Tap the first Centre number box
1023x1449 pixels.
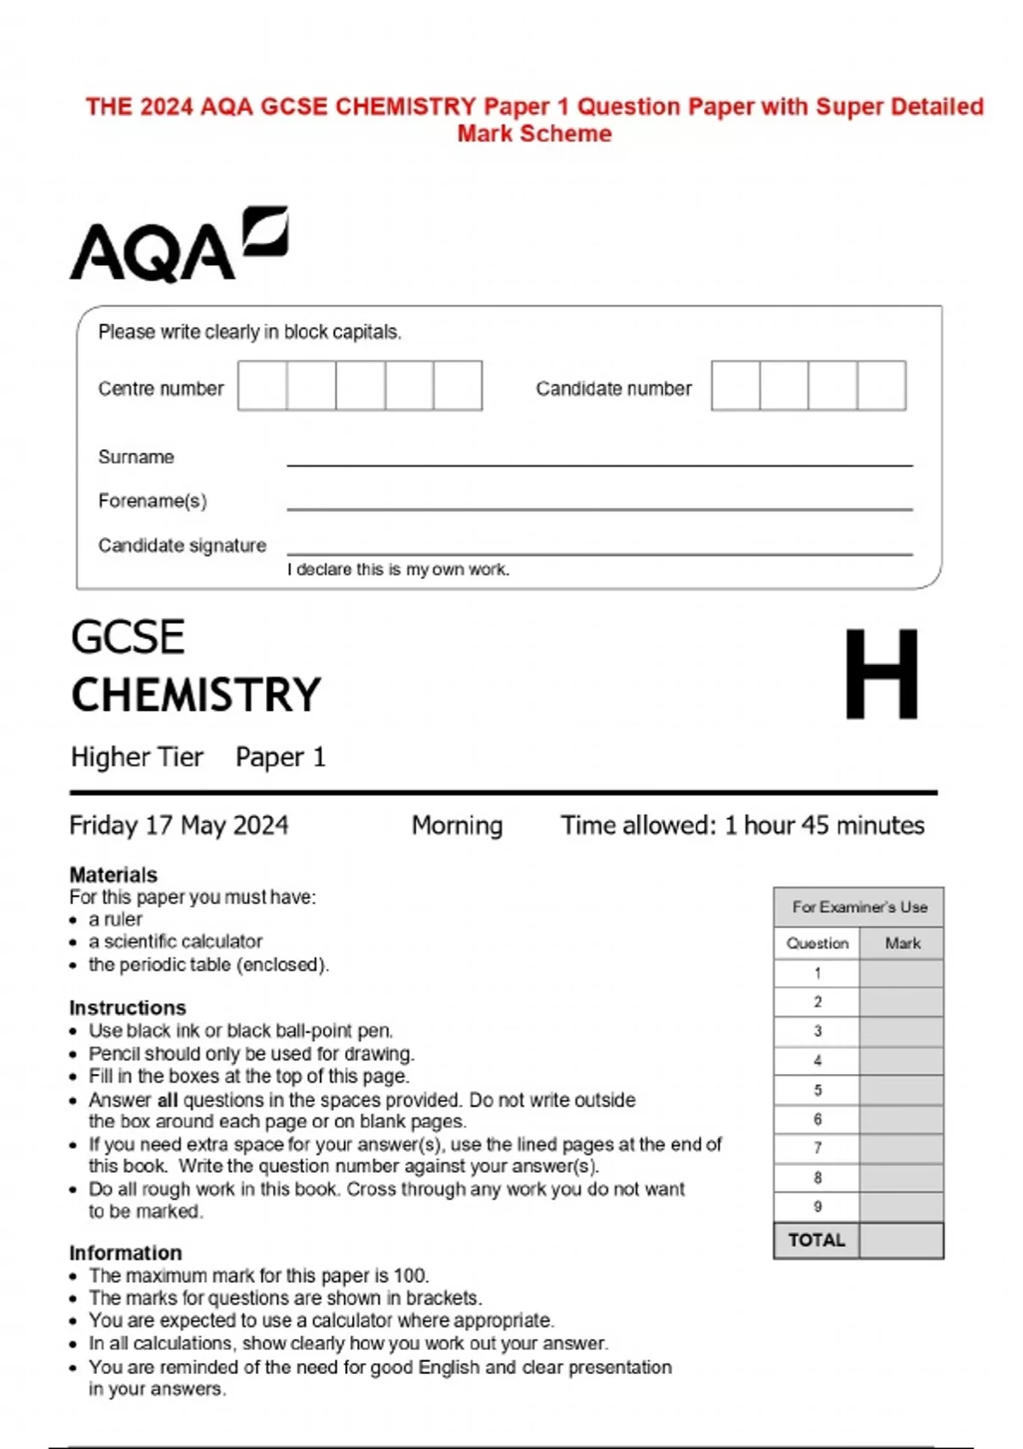point(262,385)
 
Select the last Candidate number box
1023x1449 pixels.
point(881,385)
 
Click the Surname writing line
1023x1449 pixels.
point(599,460)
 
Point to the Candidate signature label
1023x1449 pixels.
point(182,546)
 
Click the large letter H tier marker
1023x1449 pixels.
point(881,674)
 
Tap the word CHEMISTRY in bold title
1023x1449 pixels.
point(196,695)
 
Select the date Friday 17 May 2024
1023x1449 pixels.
point(178,825)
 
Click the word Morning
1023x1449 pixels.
point(457,825)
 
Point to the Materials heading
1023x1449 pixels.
point(113,875)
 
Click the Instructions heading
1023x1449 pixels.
point(127,1007)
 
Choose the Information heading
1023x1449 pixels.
point(125,1252)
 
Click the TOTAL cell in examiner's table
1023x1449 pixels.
point(816,1240)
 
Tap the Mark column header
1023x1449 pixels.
point(902,944)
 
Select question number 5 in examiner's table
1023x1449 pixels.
point(817,1090)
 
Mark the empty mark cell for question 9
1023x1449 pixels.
point(901,1207)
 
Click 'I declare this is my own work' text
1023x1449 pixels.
point(397,569)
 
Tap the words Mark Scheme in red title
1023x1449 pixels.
point(535,134)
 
